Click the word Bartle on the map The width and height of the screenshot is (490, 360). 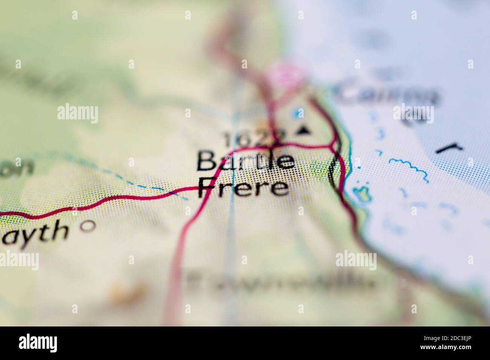(245, 161)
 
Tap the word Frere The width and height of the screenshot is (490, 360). (243, 187)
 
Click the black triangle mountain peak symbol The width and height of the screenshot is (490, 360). (303, 130)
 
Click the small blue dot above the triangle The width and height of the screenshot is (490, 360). (299, 113)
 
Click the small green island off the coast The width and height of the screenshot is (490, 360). (362, 192)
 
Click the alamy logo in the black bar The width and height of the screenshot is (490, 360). (38, 343)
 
